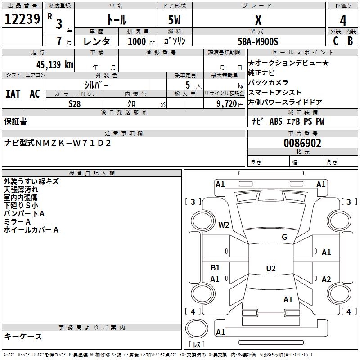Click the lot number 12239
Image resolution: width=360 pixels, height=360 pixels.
22,19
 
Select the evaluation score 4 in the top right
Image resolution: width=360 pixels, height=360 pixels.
343,20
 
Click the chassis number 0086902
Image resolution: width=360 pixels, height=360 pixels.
302,143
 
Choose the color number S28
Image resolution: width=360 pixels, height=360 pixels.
75,103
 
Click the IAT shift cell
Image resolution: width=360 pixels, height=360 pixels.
13,94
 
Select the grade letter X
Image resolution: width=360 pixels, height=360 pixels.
258,20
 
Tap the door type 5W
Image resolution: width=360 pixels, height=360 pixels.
175,20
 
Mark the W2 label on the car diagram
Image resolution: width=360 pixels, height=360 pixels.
224,225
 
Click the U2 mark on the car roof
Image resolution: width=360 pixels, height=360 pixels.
270,269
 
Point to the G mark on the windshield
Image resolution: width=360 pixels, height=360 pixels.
284,237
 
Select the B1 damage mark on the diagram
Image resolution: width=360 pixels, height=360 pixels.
215,268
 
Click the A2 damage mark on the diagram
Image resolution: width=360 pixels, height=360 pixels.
326,279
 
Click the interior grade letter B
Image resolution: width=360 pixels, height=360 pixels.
350,41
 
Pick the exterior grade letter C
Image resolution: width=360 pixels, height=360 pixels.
335,41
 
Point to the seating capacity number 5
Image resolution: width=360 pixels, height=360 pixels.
187,85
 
